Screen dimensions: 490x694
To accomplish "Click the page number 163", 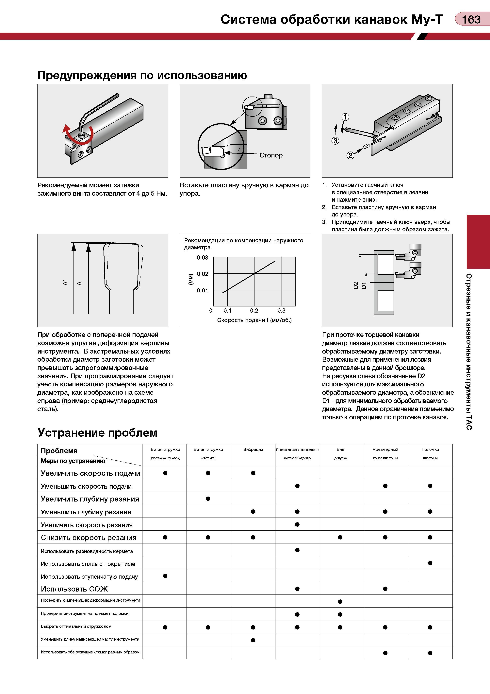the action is [471, 19].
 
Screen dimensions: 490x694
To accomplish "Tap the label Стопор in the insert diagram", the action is [271, 155].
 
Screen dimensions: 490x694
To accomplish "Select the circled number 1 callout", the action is [345, 117].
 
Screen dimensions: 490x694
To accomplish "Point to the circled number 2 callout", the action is [350, 155].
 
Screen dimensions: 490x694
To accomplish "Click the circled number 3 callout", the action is [335, 140].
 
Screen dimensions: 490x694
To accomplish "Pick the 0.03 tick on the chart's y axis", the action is [202, 258].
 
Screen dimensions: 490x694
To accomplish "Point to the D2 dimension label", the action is [356, 285].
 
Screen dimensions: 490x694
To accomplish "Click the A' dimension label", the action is [65, 283].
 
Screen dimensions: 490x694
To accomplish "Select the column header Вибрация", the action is [253, 449].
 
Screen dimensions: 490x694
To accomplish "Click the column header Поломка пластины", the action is [430, 453].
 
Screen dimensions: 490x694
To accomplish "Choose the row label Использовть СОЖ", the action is [74, 589].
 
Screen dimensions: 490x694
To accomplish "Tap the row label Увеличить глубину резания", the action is [90, 499].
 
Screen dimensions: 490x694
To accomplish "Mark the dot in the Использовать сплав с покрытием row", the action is [430, 563].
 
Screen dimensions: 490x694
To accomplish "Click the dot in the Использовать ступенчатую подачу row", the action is [165, 576].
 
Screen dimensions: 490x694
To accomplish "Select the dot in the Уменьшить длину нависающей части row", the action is [253, 640].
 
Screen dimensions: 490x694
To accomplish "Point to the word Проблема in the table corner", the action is [59, 451].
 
